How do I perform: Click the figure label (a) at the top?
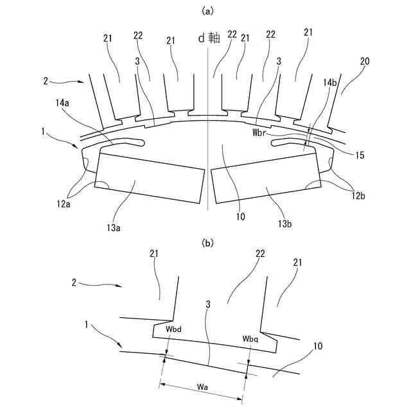coord(207,11)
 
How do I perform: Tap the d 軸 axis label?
coord(209,38)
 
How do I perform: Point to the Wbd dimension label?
coord(173,329)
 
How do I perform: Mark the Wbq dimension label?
coord(251,338)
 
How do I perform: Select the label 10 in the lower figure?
coord(317,346)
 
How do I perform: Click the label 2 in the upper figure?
coord(46,82)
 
